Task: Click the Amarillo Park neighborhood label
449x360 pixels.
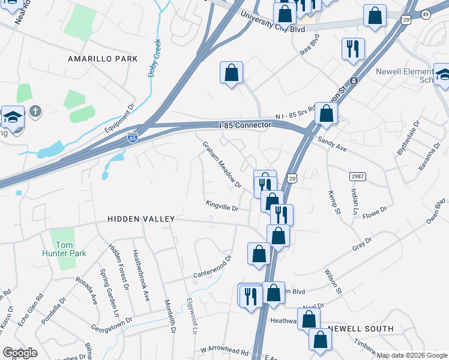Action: pyautogui.click(x=103, y=59)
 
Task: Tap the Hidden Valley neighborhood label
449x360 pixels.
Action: pyautogui.click(x=140, y=220)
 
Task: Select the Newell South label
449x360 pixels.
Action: pyautogui.click(x=361, y=329)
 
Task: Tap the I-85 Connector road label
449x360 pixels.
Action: pyautogui.click(x=246, y=125)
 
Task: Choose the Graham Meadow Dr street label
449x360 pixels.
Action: pyautogui.click(x=221, y=164)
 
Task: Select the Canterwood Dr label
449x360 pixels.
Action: pyautogui.click(x=212, y=268)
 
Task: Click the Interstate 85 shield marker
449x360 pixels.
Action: pyautogui.click(x=133, y=137)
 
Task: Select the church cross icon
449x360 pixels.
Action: pyautogui.click(x=35, y=111)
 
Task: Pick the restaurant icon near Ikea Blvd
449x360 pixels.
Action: pyautogui.click(x=353, y=48)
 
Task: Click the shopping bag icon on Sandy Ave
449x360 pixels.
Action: pyautogui.click(x=326, y=113)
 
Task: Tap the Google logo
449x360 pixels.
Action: pyautogui.click(x=20, y=353)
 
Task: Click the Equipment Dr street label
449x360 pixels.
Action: pyautogui.click(x=119, y=119)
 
